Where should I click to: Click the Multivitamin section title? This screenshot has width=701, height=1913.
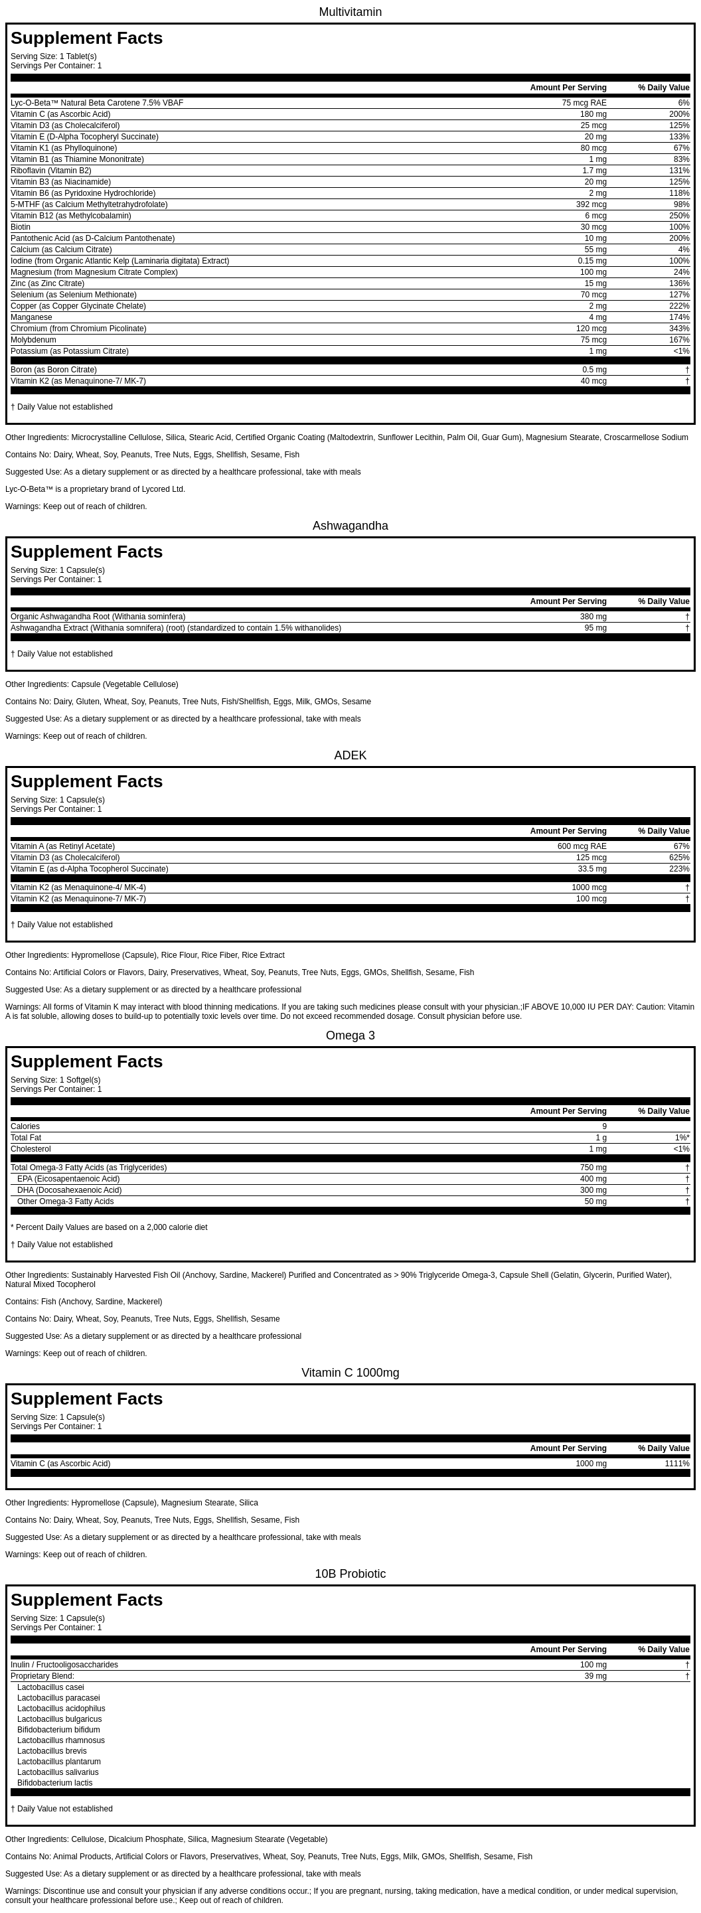(x=350, y=12)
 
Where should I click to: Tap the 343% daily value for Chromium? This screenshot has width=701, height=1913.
(x=678, y=329)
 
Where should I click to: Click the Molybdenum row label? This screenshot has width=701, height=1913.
(x=33, y=339)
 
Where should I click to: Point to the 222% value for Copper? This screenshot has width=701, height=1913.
(x=678, y=306)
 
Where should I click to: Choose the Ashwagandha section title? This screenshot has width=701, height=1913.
(x=350, y=526)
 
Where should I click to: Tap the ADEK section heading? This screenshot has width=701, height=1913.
(x=350, y=755)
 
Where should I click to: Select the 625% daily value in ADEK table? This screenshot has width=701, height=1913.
(x=678, y=858)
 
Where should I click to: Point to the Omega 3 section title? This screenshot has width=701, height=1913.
(x=350, y=1035)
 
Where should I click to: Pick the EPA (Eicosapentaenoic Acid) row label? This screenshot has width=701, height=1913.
(x=68, y=1179)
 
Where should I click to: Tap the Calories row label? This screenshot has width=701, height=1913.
(x=25, y=1126)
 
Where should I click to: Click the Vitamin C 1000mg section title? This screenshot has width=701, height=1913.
(x=350, y=1373)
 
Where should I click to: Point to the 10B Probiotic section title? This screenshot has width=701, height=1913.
(x=350, y=1574)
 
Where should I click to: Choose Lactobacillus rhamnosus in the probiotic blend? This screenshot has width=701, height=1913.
(x=61, y=1740)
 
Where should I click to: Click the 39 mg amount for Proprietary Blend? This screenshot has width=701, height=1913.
(x=595, y=1676)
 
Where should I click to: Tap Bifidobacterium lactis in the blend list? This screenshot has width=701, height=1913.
(x=55, y=1782)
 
